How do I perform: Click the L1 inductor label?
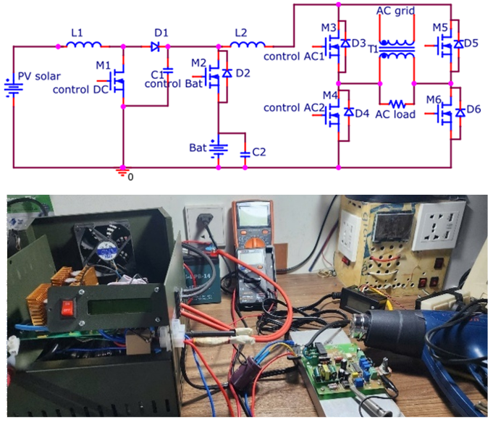[x=78, y=33]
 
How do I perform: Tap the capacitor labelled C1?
[x=167, y=71]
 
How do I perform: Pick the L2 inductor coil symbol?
[x=248, y=46]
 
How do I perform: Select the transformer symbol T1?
[x=397, y=49]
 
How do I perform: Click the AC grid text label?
[x=397, y=12]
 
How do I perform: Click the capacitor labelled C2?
[x=245, y=153]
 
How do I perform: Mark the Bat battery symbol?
[x=219, y=149]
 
